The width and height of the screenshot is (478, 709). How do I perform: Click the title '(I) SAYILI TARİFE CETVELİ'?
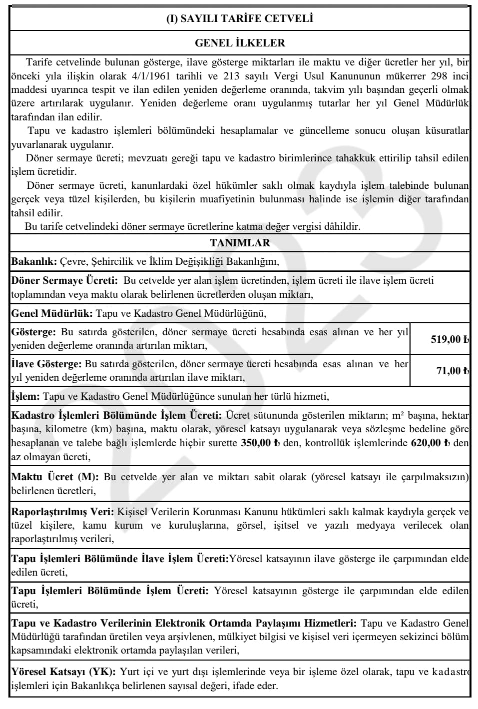240,19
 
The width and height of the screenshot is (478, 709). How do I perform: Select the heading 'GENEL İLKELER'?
240,43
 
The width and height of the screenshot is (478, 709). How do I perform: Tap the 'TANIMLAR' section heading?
240,243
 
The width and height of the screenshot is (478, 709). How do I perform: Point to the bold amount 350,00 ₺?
260,443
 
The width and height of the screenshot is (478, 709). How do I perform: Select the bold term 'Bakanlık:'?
33,261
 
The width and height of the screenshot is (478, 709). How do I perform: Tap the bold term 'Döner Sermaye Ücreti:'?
64,280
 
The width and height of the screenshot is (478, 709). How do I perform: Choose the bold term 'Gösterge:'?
34,332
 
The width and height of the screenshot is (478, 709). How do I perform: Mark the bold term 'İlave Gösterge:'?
46,364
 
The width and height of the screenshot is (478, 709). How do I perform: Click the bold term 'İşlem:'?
25,397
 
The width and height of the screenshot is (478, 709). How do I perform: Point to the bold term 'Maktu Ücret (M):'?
55,477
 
